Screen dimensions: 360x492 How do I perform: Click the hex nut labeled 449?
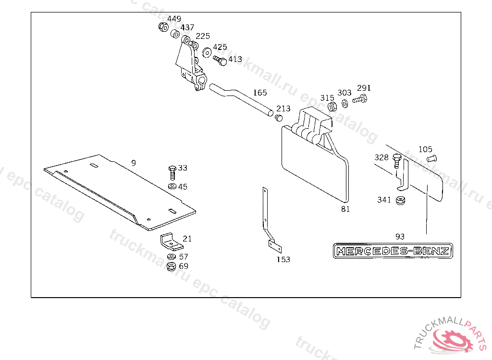[x=162, y=27]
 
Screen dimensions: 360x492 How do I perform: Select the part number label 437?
[x=187, y=28]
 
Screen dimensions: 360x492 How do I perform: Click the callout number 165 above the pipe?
[x=260, y=93]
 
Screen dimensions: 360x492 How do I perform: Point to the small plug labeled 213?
[x=279, y=117]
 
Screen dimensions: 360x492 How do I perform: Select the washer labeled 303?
[x=345, y=103]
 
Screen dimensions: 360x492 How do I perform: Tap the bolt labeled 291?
[x=359, y=100]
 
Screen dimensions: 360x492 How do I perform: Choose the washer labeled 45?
[x=172, y=186]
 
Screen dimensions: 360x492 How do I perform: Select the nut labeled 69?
[x=171, y=266]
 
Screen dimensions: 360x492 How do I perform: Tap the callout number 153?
[x=283, y=260]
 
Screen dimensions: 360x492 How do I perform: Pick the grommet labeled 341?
[x=399, y=200]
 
